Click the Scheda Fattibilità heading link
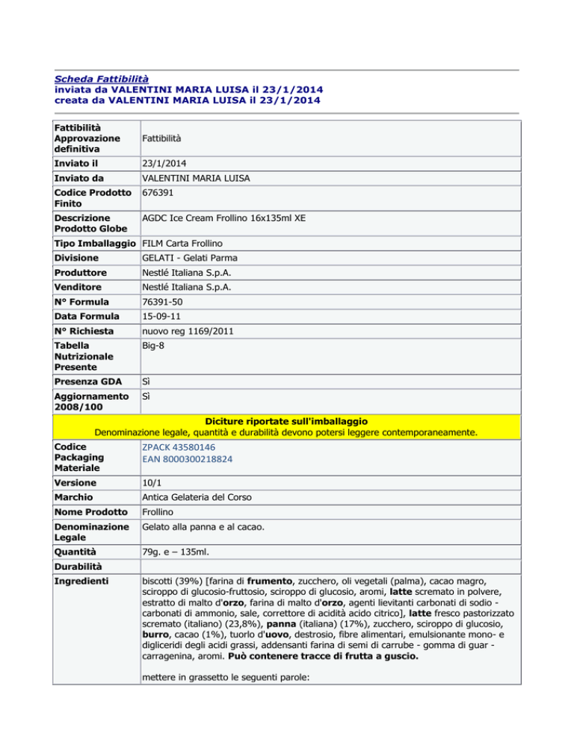coord(102,78)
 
